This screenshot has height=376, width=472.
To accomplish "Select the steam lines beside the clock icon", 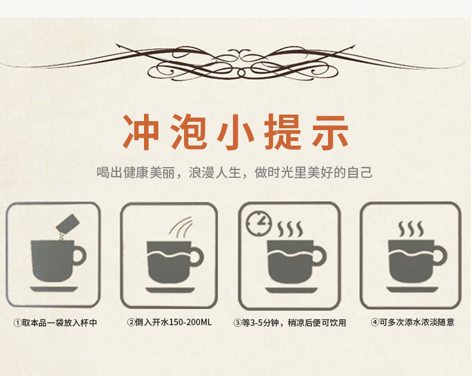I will tap(291, 229).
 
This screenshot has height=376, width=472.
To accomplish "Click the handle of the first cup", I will tap(79, 256).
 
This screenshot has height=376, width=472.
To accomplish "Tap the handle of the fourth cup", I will tap(439, 256).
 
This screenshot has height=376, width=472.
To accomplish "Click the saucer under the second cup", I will tap(170, 289).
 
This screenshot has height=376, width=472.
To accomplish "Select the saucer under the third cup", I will tap(291, 289).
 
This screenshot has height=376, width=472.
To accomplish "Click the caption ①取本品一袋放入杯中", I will tap(55, 322).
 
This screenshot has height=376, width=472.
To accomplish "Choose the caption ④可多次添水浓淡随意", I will tap(412, 322).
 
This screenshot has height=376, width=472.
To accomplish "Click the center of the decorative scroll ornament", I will tap(236, 60).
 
